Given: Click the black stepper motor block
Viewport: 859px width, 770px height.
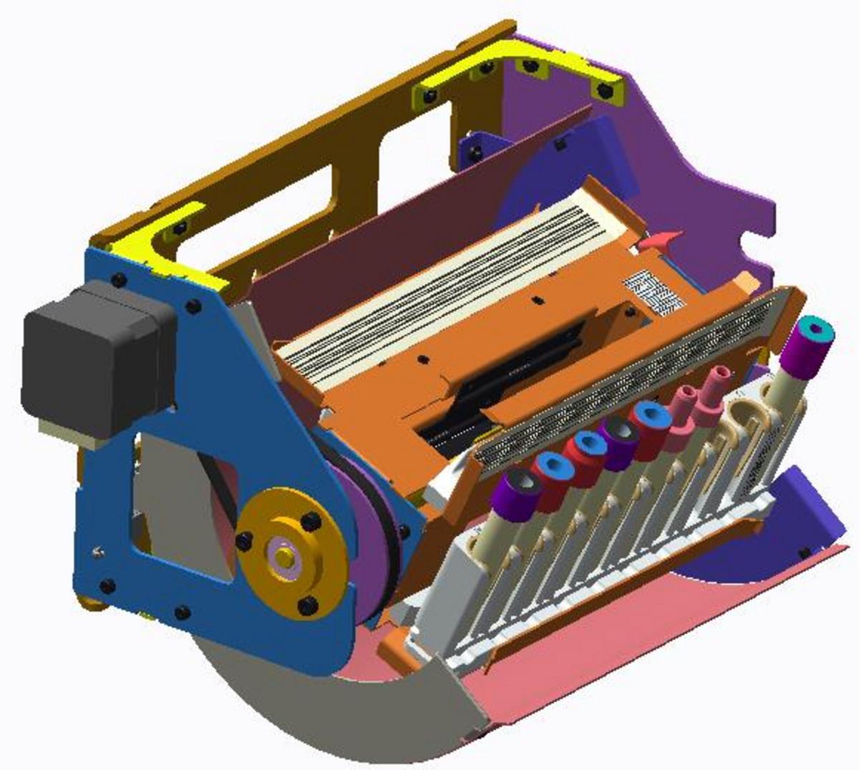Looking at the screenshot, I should point(93,358).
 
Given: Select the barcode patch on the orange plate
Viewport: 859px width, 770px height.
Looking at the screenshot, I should point(649,290).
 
